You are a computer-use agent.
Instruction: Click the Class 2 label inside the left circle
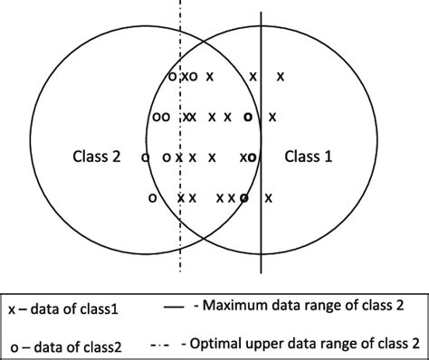point(96,156)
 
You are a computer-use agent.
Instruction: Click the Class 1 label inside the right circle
point(309,156)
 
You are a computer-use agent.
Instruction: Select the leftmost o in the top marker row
point(173,76)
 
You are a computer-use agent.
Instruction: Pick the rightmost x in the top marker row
point(281,76)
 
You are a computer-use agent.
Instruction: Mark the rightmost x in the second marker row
point(272,117)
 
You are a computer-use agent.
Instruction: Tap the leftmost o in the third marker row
point(146,157)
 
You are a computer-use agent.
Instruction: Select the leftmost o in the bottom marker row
point(151,197)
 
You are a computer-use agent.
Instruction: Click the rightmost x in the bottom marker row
point(268,197)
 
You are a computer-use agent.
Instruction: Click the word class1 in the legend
point(97,309)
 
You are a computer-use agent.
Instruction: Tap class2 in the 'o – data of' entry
point(98,345)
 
